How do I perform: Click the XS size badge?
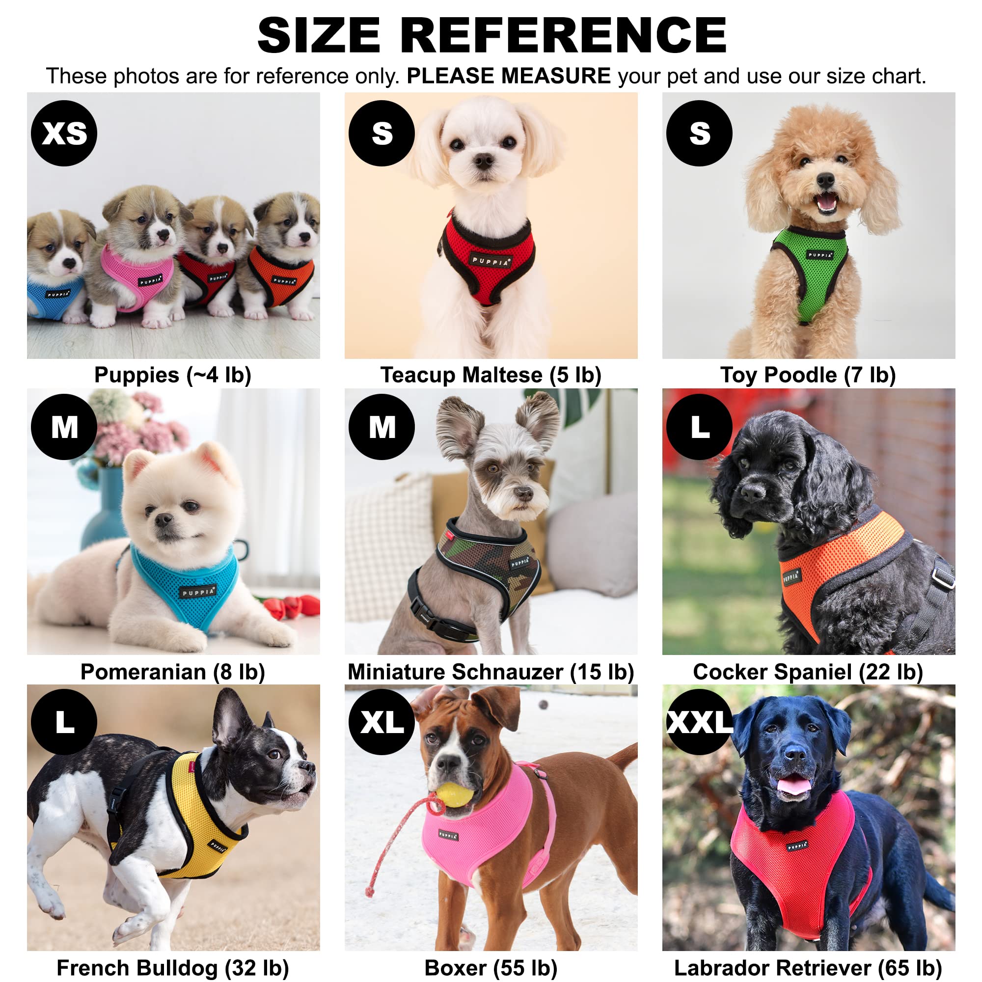[x=64, y=133]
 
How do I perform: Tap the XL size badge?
[x=382, y=721]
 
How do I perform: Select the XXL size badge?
[x=699, y=721]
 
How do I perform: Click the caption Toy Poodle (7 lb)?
[x=808, y=375]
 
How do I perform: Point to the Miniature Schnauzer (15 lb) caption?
[x=491, y=672]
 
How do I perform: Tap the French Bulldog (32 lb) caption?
[x=173, y=968]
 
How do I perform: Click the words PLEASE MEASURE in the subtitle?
[x=509, y=76]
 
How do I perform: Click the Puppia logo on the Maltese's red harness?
[x=491, y=261]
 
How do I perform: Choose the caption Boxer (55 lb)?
[x=491, y=968]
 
